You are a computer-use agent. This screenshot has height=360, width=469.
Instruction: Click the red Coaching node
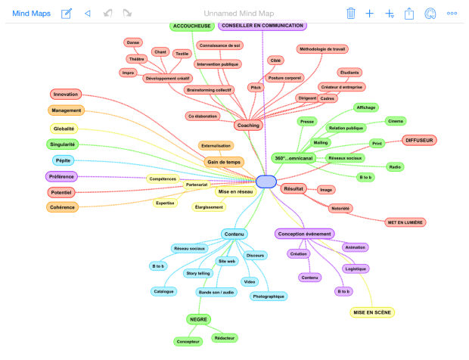tap(248, 125)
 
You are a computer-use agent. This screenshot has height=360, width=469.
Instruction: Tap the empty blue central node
tap(267, 182)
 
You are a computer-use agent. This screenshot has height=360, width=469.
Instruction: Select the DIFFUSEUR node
tap(421, 141)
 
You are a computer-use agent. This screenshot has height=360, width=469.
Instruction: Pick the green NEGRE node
tap(199, 320)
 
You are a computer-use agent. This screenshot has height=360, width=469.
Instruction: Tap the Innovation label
tap(66, 95)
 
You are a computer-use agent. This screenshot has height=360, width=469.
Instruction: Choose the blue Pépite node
tap(63, 160)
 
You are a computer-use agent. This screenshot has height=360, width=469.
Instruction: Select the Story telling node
tap(199, 273)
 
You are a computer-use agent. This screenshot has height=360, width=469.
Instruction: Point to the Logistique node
tap(356, 268)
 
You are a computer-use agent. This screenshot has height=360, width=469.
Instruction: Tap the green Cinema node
tap(396, 121)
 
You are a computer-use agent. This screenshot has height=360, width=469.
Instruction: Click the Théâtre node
tap(136, 59)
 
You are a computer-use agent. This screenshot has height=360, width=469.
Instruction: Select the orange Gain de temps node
tap(224, 161)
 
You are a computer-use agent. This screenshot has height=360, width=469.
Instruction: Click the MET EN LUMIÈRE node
tap(405, 222)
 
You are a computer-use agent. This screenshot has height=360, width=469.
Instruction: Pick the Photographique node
tap(269, 296)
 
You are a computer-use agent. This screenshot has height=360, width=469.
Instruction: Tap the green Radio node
tap(395, 166)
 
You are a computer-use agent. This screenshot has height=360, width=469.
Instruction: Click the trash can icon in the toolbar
tap(351, 13)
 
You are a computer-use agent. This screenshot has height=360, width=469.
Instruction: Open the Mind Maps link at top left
tap(31, 13)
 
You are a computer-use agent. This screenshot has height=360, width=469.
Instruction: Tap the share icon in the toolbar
tap(410, 13)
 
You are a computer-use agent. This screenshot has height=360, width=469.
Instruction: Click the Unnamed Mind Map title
tap(235, 13)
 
